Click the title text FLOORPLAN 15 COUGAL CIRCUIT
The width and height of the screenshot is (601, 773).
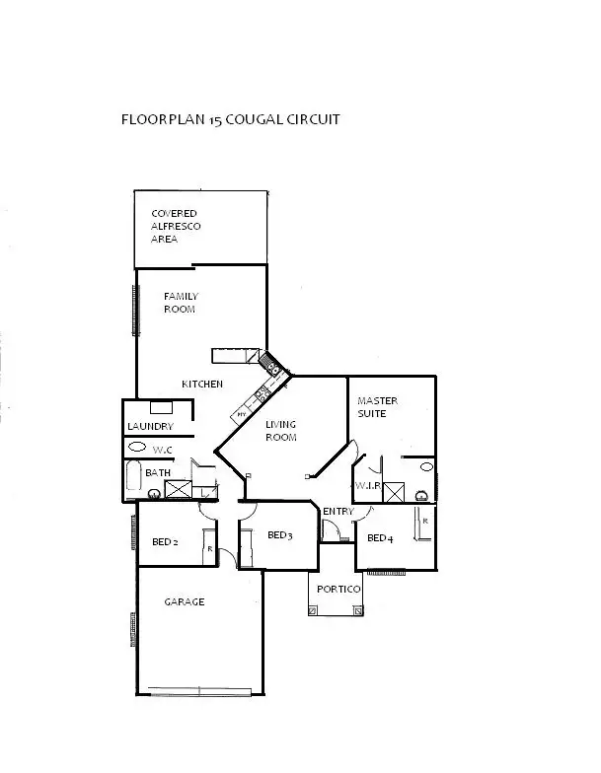click(230, 121)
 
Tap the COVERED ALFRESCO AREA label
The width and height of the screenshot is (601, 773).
click(174, 226)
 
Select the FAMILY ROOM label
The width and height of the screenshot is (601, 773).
click(181, 303)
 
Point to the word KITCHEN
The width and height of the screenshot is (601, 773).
click(201, 384)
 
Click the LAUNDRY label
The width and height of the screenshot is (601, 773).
click(150, 427)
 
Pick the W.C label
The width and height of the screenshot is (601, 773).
click(163, 450)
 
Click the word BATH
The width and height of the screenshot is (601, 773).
click(157, 473)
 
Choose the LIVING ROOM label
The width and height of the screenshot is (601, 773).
click(281, 431)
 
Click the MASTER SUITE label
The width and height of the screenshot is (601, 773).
click(377, 407)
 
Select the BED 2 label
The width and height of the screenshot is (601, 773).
click(165, 542)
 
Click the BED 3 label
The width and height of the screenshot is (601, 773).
click(280, 535)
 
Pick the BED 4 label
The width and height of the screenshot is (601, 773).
click(380, 538)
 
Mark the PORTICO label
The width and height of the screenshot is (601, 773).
click(337, 589)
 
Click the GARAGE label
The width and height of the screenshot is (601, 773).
click(185, 601)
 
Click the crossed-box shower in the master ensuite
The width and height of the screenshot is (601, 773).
click(395, 492)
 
